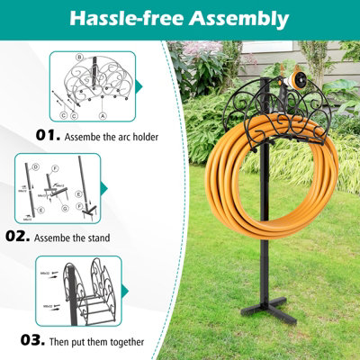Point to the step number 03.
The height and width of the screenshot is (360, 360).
33,340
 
